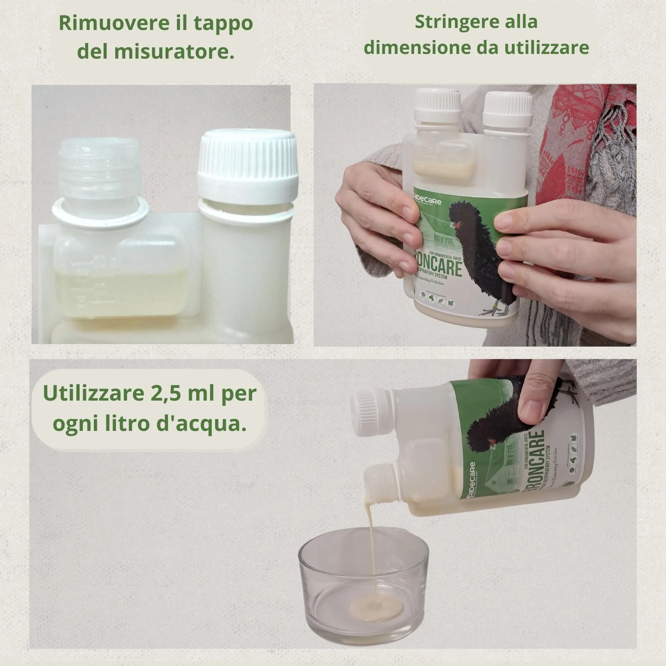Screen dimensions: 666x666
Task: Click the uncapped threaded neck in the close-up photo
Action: coord(99,172)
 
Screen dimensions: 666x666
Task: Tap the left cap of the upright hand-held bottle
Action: coord(438,106)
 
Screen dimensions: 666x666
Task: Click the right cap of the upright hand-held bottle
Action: coord(507,109)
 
